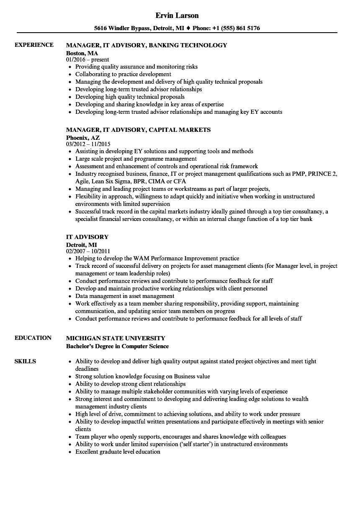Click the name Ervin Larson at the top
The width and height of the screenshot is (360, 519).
[177, 15]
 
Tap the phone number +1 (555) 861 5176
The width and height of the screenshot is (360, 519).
[237, 28]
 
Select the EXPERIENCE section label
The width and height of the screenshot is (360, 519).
[34, 45]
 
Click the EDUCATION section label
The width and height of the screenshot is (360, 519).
[33, 338]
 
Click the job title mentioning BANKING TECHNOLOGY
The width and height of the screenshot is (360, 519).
[147, 45]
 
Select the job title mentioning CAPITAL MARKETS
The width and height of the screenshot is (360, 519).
[138, 130]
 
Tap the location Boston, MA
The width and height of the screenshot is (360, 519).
[82, 53]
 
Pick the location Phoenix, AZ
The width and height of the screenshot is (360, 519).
[83, 137]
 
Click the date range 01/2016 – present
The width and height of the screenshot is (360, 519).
[87, 60]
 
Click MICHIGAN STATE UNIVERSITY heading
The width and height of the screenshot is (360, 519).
[116, 338]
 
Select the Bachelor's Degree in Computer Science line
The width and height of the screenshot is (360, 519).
[117, 346]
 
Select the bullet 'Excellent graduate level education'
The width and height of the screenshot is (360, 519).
[118, 452]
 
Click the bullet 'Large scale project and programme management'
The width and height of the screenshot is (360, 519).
[136, 159]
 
